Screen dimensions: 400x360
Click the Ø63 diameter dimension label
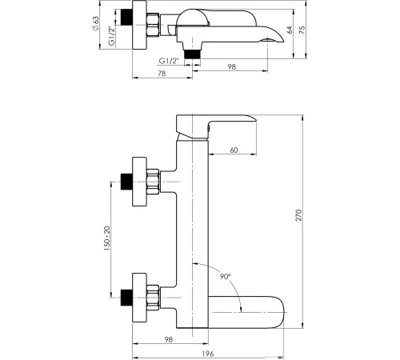95,24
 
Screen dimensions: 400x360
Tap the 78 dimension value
162,74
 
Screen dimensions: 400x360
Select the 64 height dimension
290,30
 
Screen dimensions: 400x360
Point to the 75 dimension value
302,30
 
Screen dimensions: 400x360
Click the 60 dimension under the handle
234,150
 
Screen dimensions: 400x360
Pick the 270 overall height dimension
298,215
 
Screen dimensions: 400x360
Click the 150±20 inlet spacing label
107,238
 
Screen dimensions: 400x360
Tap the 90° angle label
226,277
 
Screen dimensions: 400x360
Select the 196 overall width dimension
208,354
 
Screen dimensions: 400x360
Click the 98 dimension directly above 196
169,339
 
